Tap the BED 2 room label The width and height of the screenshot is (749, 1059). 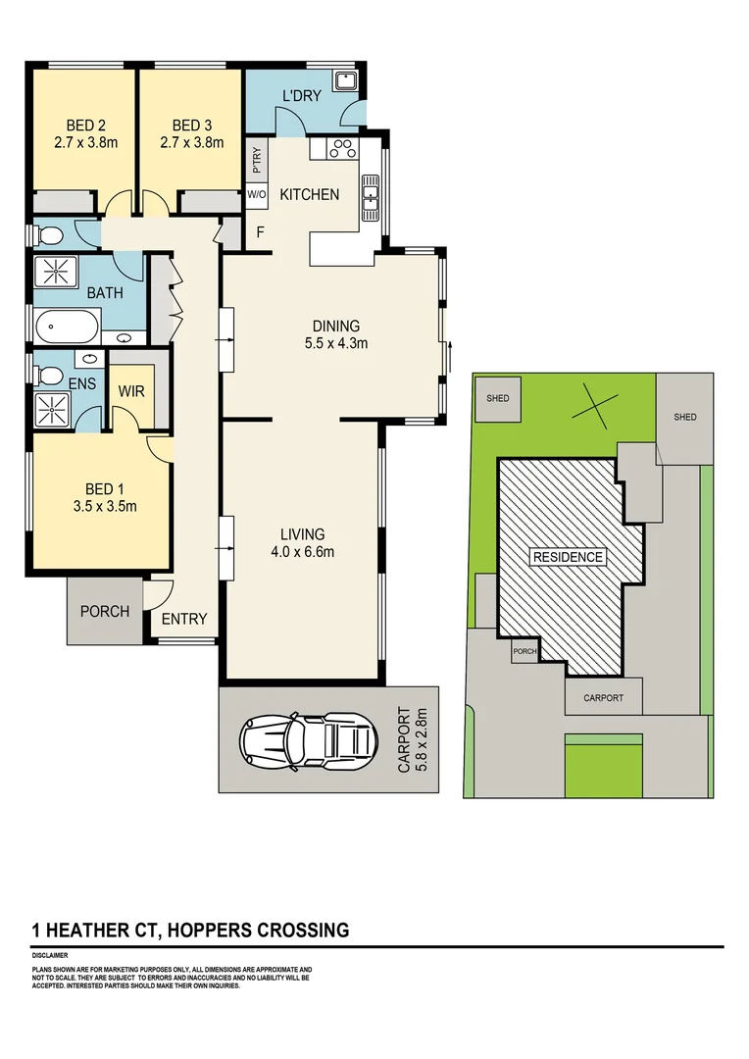coord(86,126)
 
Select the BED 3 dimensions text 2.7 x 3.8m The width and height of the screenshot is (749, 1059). coord(191,142)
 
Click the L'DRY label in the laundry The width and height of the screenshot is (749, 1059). coord(302,96)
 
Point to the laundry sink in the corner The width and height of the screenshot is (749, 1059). coord(346,80)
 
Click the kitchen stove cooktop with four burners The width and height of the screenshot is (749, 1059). coord(344,149)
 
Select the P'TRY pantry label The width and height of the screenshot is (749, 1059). coord(257,160)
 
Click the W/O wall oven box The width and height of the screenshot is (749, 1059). coord(257,195)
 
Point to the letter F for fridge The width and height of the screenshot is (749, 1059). coord(260,232)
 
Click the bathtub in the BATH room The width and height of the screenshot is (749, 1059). coord(67,325)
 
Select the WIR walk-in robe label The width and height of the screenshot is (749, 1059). coord(131,391)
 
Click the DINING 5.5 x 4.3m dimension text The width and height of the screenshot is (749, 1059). coord(336,343)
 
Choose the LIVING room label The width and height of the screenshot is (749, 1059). coord(302,534)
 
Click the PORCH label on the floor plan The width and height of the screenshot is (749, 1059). coord(105,612)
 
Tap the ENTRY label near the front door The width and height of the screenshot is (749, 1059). coord(184,619)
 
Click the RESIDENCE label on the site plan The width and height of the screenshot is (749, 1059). coord(568,557)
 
